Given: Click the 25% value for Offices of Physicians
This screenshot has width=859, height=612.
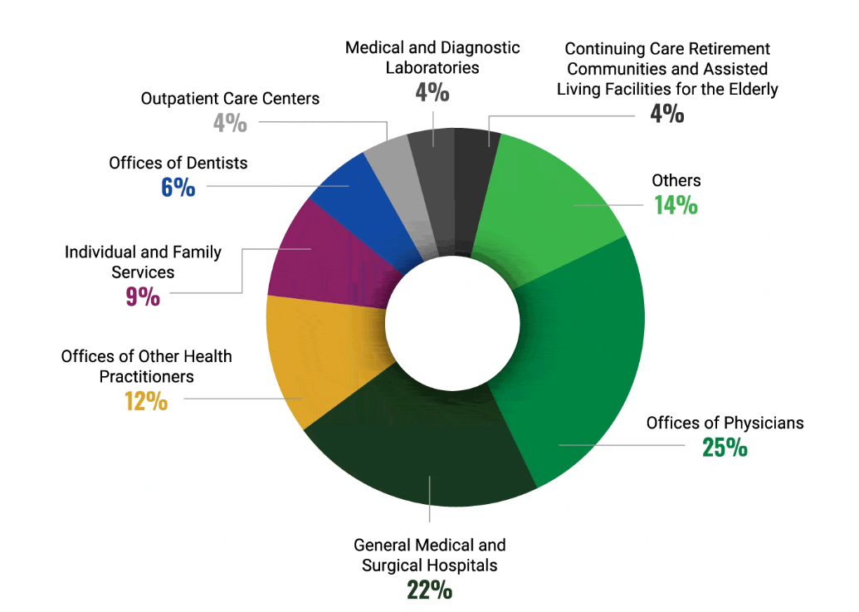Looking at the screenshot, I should coord(725,448).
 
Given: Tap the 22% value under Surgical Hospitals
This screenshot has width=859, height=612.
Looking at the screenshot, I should coord(429,590).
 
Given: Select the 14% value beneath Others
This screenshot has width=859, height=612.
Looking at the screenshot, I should coord(676,205).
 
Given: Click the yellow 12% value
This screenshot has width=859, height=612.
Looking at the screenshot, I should coord(146,403).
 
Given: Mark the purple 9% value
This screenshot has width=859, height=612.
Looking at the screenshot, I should coord(143,297).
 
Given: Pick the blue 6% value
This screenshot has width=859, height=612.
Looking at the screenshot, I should coord(178,188).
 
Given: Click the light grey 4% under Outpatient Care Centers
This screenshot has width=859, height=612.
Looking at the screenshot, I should coord(230,124).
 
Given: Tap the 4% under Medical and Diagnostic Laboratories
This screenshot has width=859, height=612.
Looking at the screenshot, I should coord(432,92).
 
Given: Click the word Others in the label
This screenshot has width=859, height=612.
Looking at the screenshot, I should coord(676,180).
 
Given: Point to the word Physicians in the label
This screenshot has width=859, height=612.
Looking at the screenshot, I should coord(760,423).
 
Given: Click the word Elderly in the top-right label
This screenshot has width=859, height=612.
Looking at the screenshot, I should coord(751,88).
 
